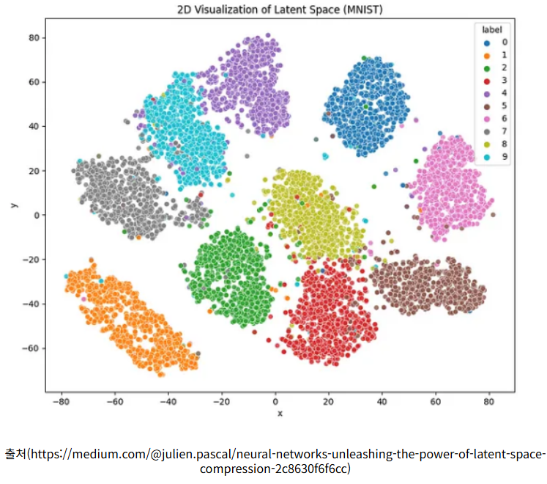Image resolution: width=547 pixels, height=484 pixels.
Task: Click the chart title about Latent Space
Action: pyautogui.click(x=280, y=10)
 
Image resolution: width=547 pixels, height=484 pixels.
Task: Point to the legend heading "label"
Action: pyautogui.click(x=491, y=30)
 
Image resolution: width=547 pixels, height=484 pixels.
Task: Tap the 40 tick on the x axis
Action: pyautogui.click(x=382, y=401)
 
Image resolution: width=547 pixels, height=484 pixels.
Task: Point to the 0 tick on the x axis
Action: pyautogui.click(x=275, y=401)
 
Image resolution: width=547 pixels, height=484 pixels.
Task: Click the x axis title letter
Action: pyautogui.click(x=280, y=414)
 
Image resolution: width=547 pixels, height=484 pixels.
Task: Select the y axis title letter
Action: pyautogui.click(x=14, y=205)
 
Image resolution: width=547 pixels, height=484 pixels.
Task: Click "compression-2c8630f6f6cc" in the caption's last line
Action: pyautogui.click(x=280, y=468)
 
